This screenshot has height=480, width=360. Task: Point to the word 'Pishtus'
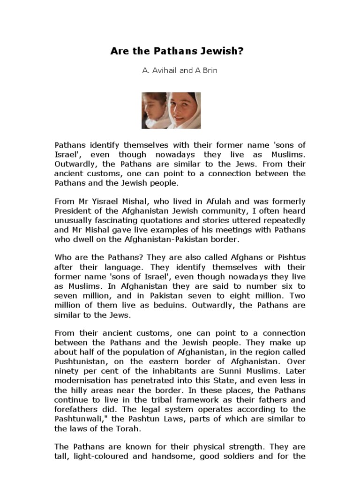pyautogui.click(x=291, y=258)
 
